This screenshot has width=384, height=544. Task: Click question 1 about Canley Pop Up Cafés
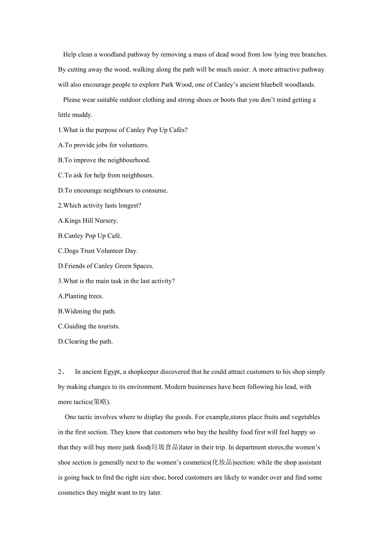pos(123,130)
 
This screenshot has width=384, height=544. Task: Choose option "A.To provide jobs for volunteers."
pos(103,145)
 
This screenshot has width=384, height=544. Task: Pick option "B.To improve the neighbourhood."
pos(104,160)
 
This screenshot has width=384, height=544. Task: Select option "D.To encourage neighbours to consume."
pos(113,191)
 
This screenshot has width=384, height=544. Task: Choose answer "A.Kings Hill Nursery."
pos(88,221)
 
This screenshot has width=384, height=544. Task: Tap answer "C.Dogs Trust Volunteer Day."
pos(98,251)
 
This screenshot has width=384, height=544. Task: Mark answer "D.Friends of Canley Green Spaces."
pos(106,266)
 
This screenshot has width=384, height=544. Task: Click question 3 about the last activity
pos(116,281)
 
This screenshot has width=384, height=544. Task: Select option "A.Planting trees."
pos(81,296)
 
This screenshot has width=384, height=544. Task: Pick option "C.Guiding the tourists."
pos(88,326)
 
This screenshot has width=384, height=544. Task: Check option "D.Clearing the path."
pos(85,341)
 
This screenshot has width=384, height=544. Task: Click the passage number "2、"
pos(61,372)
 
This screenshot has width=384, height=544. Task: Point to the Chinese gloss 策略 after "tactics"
pos(100,402)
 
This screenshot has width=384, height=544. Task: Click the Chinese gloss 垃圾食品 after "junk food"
pos(165,447)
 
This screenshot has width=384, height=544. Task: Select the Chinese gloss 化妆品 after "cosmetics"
pos(222,463)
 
